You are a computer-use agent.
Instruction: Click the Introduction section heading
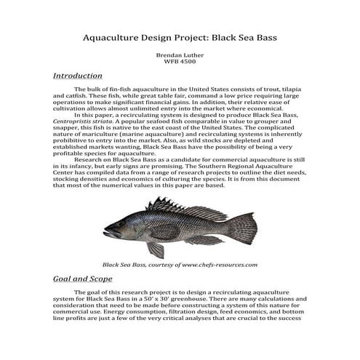point(78,76)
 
